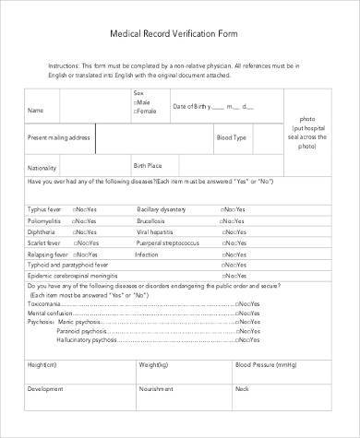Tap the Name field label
[x=36, y=111]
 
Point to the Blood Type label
[x=232, y=137]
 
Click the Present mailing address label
[x=59, y=137]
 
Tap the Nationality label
[x=42, y=169]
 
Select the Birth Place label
[x=147, y=165]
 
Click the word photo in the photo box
[x=307, y=119]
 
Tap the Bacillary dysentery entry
[x=162, y=209]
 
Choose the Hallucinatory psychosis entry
[x=84, y=339]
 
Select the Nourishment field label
[x=154, y=388]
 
